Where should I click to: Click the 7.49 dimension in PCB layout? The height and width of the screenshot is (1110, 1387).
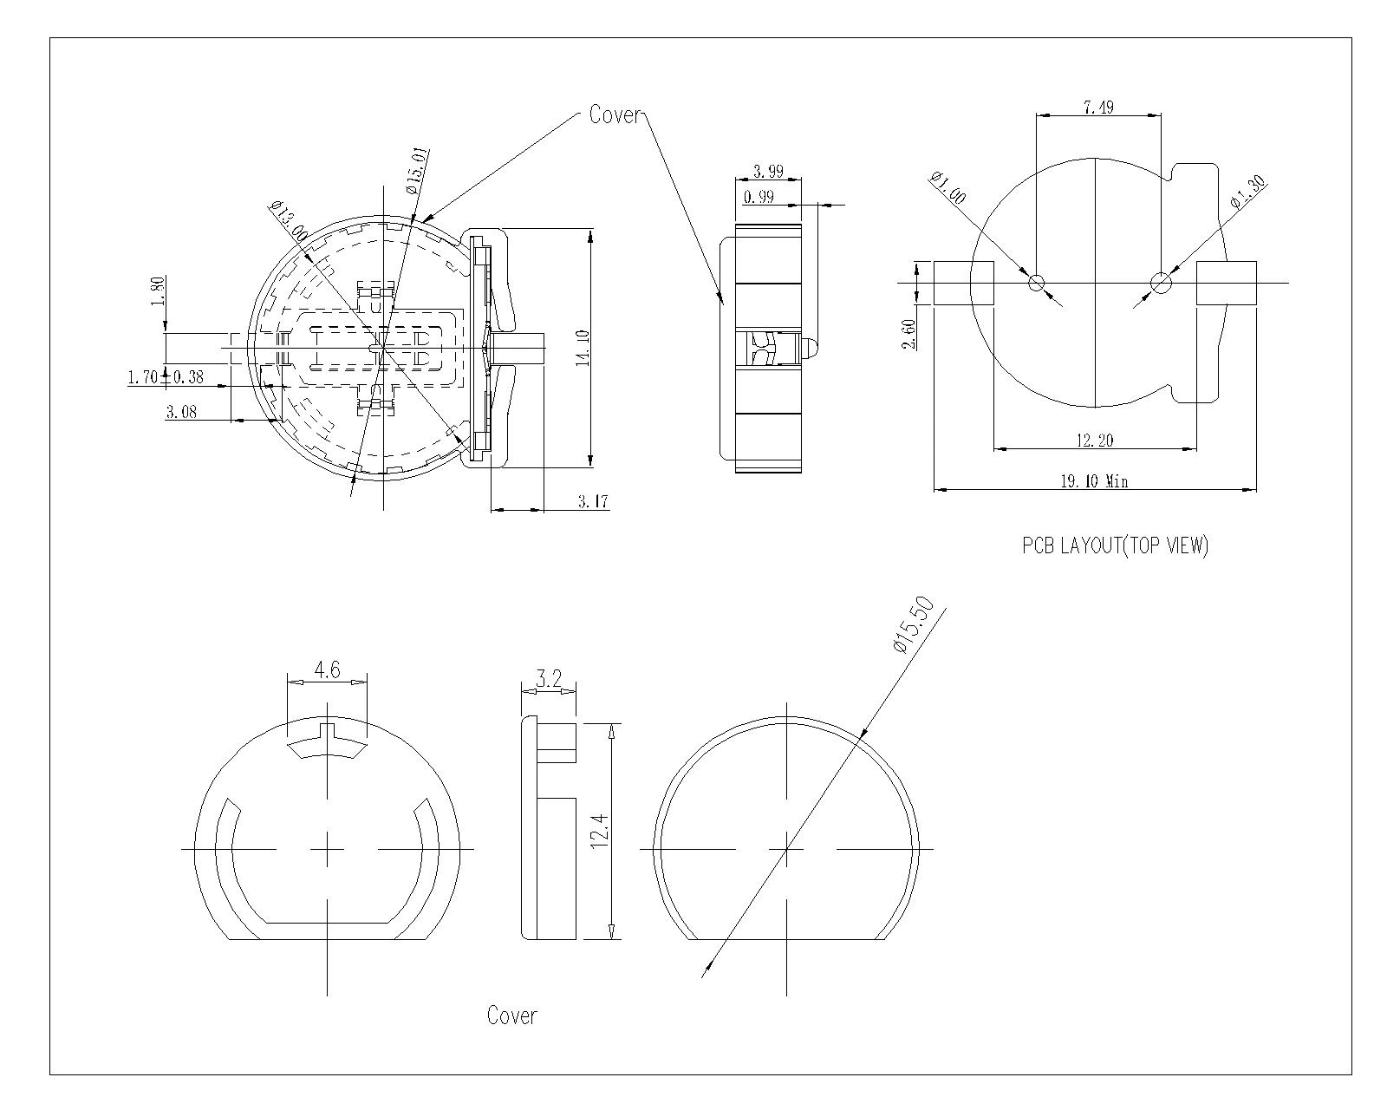click(x=1098, y=108)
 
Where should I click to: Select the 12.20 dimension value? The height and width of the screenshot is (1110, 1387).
click(x=1095, y=441)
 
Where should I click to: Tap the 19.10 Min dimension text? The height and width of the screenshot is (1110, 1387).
click(x=1095, y=481)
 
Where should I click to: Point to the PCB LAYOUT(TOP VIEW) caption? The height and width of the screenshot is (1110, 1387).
click(x=1115, y=546)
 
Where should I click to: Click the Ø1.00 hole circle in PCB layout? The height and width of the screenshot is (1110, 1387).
click(x=1037, y=283)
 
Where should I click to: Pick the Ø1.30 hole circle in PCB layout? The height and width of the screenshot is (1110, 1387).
click(x=1161, y=283)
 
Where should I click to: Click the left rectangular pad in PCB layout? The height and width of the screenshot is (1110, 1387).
click(x=963, y=283)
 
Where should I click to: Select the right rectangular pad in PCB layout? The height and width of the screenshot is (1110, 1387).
click(x=1227, y=283)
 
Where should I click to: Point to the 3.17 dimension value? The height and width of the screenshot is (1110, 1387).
click(x=592, y=502)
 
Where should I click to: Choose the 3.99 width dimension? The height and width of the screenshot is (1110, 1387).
click(x=768, y=172)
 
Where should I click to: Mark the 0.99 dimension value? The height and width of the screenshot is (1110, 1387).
click(x=759, y=198)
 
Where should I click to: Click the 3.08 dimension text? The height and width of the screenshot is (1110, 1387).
click(x=181, y=413)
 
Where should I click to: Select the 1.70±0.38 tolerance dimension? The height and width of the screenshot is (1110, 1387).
click(x=166, y=377)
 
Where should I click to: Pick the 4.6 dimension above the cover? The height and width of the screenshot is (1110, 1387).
click(x=327, y=669)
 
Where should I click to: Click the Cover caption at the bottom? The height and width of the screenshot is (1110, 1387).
click(x=511, y=1016)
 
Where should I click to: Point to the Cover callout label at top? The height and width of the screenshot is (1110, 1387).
click(x=615, y=114)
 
